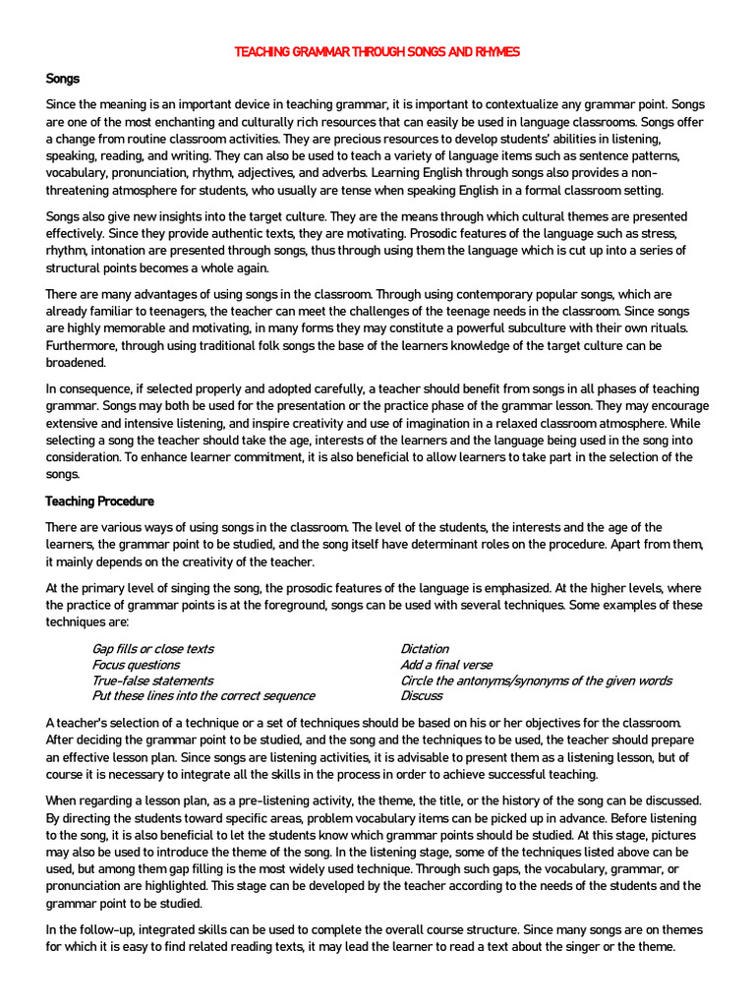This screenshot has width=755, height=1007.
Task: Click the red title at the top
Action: [x=377, y=51]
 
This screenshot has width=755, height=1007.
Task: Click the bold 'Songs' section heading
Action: [x=63, y=79]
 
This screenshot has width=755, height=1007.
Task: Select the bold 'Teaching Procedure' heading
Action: [x=99, y=502]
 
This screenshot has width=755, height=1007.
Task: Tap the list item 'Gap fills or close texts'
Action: [x=152, y=649]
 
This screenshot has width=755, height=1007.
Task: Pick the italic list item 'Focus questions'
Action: [x=136, y=665]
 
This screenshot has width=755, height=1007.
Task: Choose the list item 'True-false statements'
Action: [x=152, y=681]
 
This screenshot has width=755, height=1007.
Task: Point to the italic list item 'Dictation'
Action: [x=425, y=649]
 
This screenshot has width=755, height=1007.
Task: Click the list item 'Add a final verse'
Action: [x=446, y=665]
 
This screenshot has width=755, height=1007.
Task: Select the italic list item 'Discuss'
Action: [x=422, y=696]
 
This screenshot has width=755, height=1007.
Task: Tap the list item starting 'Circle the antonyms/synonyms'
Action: [x=536, y=681]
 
